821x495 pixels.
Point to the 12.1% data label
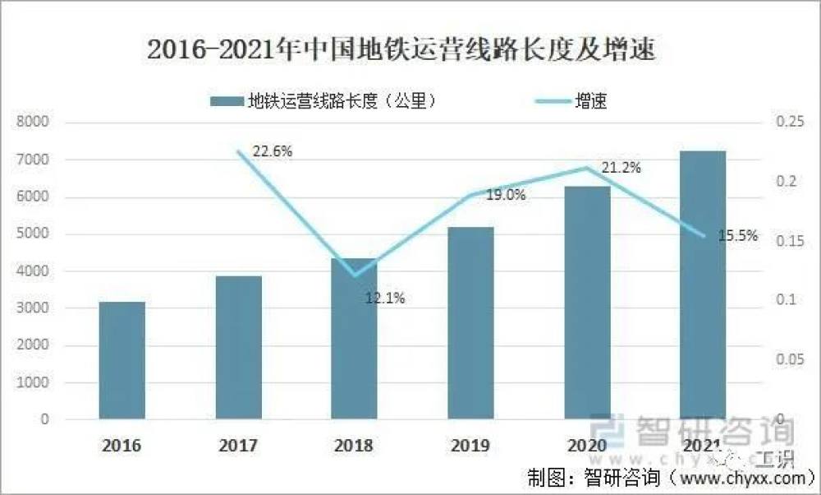[x=385, y=298]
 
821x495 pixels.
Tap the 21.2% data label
[x=621, y=168]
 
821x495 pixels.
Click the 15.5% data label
[x=737, y=237]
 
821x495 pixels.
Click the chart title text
[x=401, y=50]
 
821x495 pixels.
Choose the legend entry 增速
[x=590, y=101]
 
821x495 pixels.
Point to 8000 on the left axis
[x=34, y=123]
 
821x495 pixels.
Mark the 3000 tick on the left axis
[x=34, y=308]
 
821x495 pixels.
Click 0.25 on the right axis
[x=787, y=123]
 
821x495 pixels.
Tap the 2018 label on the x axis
[x=354, y=446]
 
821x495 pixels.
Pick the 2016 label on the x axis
[x=122, y=446]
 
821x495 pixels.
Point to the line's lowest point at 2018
[x=355, y=275]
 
